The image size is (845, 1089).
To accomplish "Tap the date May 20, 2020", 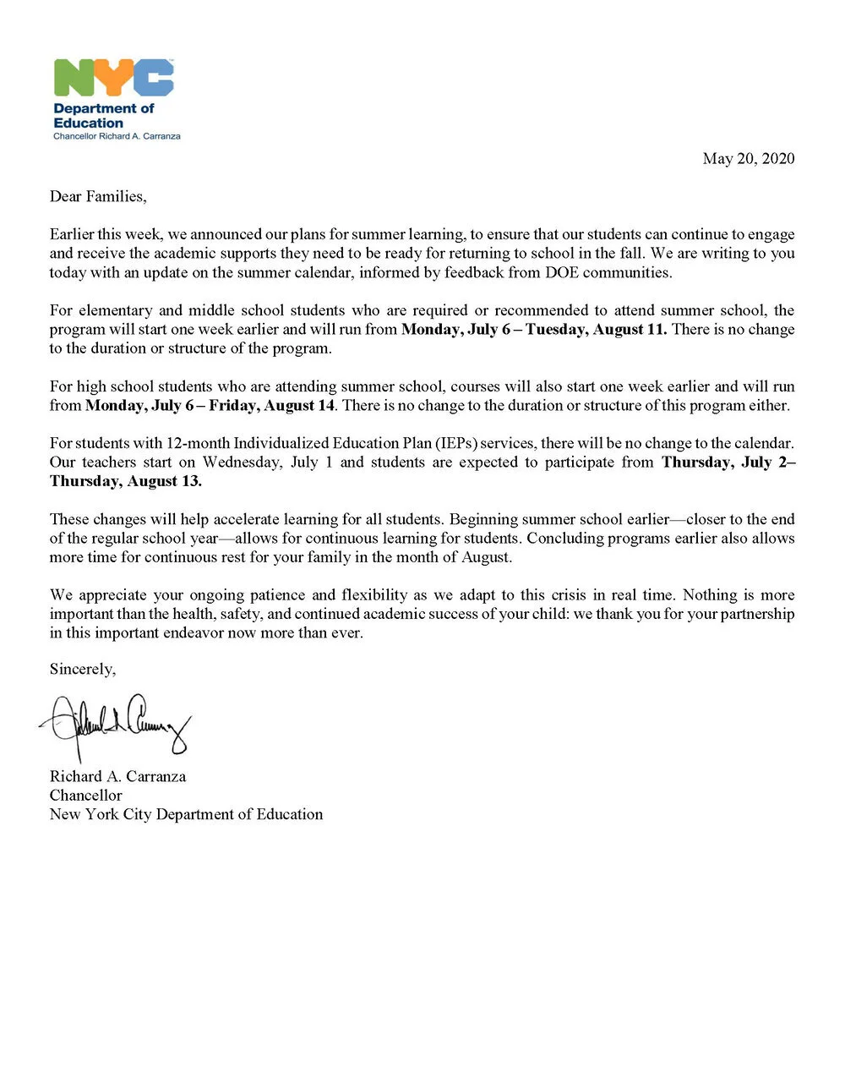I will pos(748,158).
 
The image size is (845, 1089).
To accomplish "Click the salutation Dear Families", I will pos(97,196).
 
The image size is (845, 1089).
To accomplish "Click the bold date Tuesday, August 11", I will pos(596,329).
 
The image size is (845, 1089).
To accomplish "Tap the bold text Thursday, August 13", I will pos(125,481).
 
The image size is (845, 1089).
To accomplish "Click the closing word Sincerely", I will pos(82,669).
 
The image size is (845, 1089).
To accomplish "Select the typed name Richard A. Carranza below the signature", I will pos(117,776).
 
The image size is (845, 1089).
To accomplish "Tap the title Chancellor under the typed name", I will pos(85,795).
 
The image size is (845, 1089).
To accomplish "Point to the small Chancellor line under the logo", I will pos(117,136).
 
